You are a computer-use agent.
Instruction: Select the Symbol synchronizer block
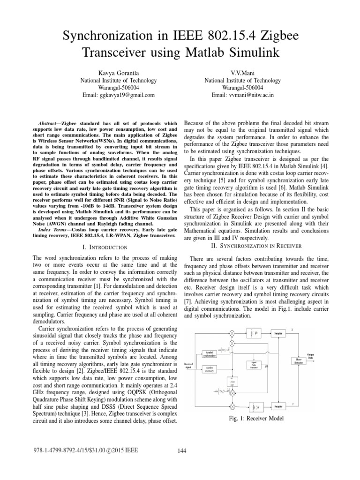coord(209,353)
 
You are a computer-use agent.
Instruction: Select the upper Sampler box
coord(278,333)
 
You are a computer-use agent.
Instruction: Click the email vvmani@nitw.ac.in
coord(243,95)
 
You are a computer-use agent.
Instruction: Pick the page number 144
coord(182,451)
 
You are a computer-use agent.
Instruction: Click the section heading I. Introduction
coord(105,247)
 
